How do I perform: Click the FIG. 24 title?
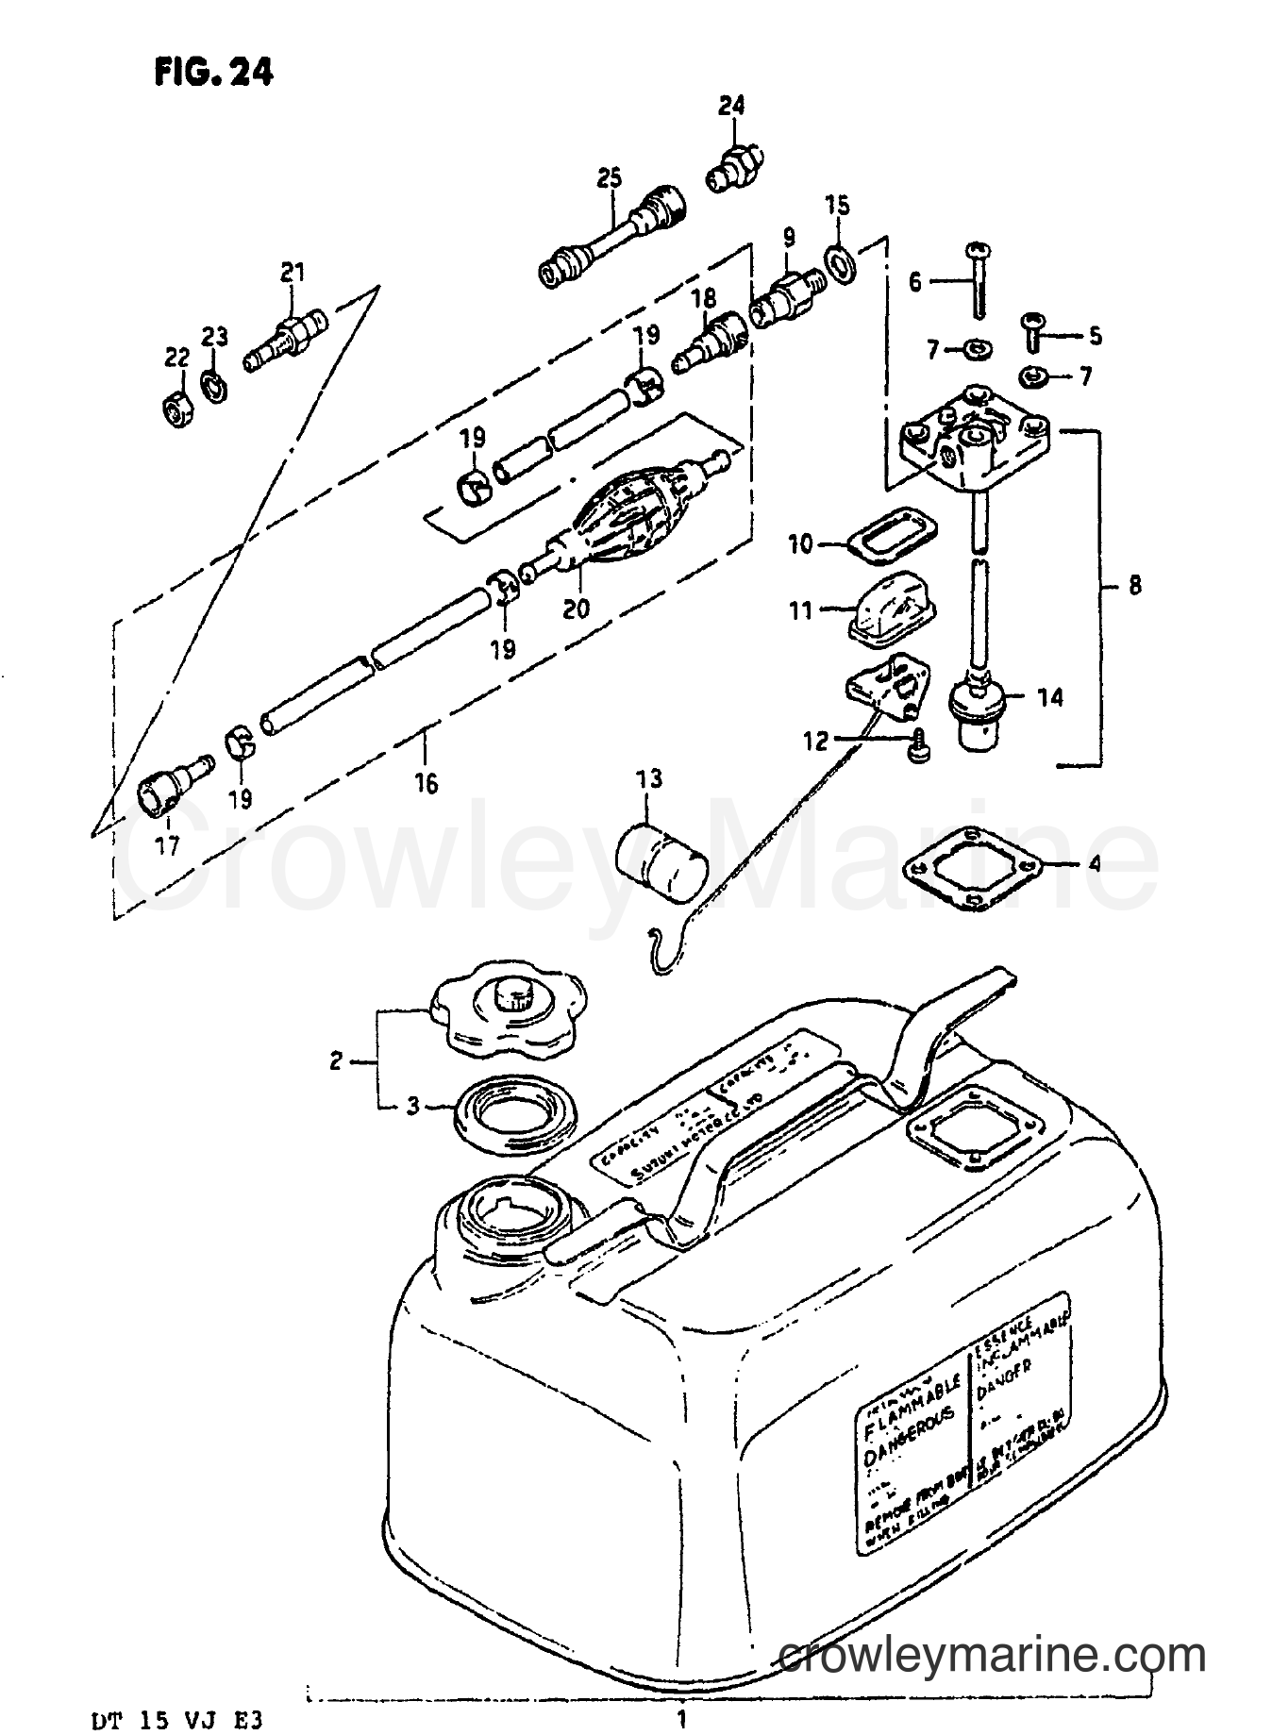[x=213, y=72]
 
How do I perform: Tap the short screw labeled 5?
[x=1032, y=331]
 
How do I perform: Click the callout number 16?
[x=427, y=783]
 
